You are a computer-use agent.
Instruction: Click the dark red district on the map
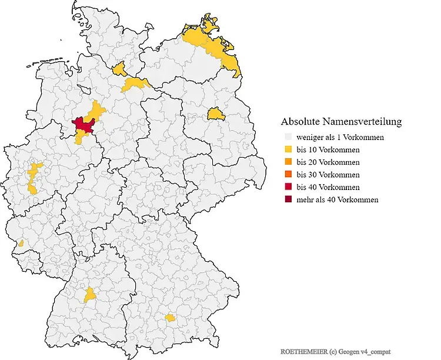[84, 124]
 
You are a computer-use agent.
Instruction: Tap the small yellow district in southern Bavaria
[170, 318]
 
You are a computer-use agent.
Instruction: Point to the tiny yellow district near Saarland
[21, 243]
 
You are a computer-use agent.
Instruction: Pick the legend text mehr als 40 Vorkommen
[337, 200]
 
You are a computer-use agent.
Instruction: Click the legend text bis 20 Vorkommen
[328, 162]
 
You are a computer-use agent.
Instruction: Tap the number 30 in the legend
[312, 175]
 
